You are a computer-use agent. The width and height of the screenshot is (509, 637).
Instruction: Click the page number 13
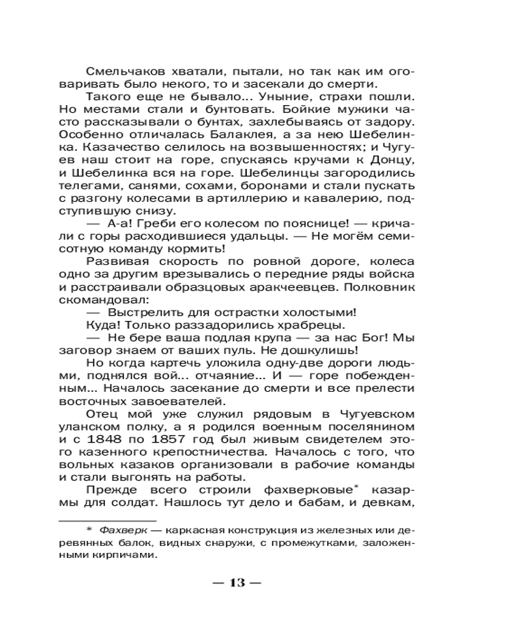coord(237,583)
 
